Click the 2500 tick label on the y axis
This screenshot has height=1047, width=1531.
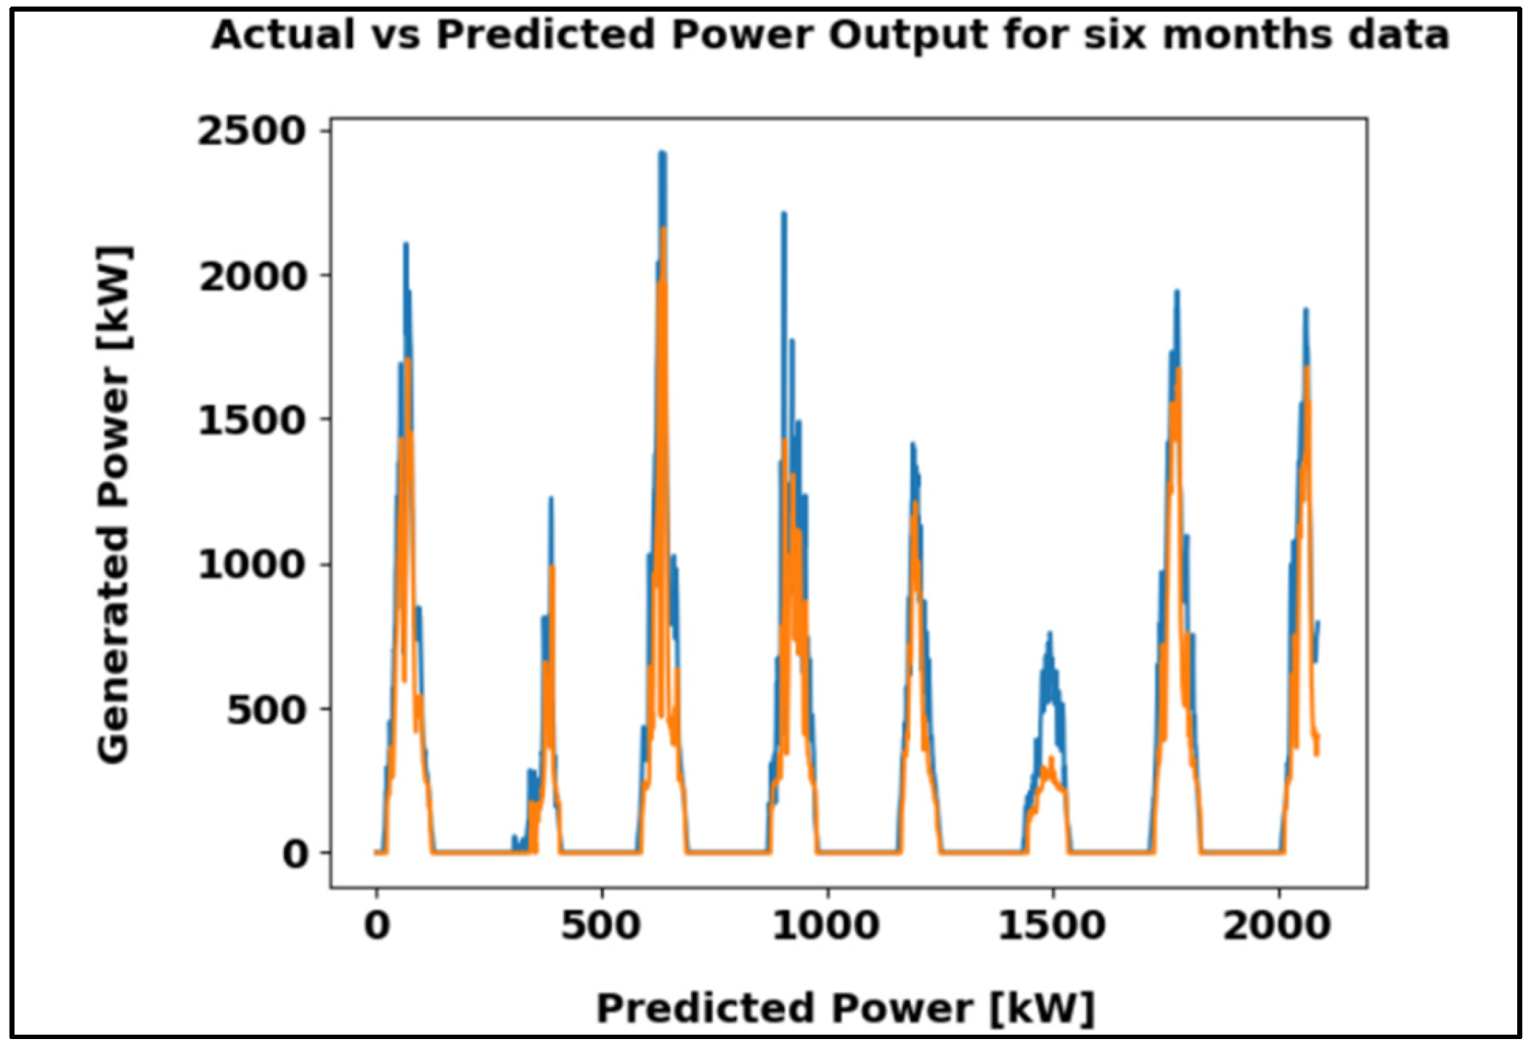(x=251, y=132)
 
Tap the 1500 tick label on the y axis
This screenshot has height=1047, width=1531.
(x=251, y=421)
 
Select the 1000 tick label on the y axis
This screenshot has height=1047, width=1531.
(x=251, y=564)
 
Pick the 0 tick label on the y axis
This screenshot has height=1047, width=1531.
(x=295, y=854)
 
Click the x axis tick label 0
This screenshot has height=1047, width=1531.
(x=377, y=927)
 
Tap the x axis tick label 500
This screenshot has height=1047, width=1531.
(x=601, y=927)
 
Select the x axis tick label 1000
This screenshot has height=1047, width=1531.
(x=826, y=927)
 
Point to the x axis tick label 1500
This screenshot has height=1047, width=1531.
(x=1052, y=927)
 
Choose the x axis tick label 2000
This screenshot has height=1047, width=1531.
(x=1277, y=927)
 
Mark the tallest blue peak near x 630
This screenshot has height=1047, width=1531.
(x=662, y=154)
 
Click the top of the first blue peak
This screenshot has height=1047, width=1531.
(x=406, y=245)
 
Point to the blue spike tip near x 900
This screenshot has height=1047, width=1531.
(x=784, y=213)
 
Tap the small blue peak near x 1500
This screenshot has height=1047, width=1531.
(x=1049, y=634)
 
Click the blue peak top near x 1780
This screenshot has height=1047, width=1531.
(x=1177, y=292)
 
